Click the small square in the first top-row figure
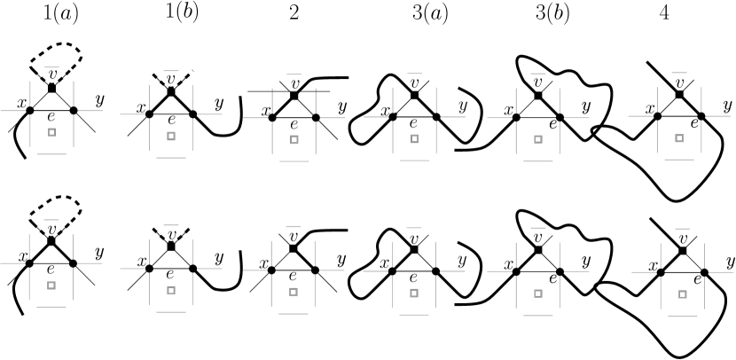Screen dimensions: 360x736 (51, 132)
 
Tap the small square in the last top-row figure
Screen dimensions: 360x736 (679, 138)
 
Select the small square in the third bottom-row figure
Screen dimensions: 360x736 (294, 292)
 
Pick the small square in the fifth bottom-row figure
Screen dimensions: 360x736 (538, 293)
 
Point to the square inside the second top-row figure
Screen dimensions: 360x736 (171, 137)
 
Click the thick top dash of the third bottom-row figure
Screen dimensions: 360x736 (294, 226)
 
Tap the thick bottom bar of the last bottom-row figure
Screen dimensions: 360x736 (682, 316)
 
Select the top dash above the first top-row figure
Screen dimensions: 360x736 (51, 67)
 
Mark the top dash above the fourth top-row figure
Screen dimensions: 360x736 (414, 74)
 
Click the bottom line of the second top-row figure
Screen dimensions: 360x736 (171, 158)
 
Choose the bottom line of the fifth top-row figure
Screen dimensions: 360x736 (538, 161)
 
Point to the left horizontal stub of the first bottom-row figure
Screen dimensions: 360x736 (12, 263)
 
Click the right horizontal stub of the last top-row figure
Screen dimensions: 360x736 (718, 116)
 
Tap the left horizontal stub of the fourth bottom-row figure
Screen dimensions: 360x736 (375, 271)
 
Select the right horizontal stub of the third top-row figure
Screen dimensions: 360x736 (333, 118)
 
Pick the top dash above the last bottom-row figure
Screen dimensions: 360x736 (682, 229)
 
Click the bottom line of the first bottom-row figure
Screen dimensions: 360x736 (51, 307)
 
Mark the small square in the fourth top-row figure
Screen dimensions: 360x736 (414, 138)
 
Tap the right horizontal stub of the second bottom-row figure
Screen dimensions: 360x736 (209, 269)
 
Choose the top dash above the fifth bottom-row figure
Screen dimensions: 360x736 (538, 228)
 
